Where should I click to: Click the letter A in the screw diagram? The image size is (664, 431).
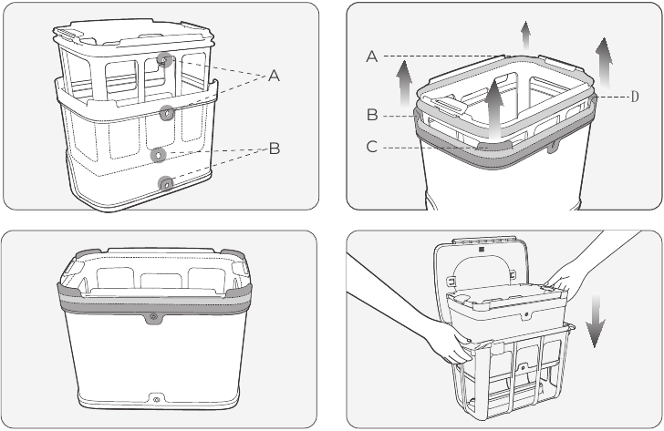[274, 77]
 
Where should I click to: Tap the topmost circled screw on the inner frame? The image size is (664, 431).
[165, 60]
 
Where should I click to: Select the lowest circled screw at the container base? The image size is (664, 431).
[166, 183]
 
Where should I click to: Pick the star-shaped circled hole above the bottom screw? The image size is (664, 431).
[159, 154]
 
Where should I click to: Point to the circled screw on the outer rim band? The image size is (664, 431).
[167, 113]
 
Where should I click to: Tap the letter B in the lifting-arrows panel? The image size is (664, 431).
[373, 115]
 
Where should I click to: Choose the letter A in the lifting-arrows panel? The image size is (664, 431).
[373, 56]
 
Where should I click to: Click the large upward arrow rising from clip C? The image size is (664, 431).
[493, 106]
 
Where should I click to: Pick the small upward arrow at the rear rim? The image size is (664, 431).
[526, 36]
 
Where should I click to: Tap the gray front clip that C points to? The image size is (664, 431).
[493, 144]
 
